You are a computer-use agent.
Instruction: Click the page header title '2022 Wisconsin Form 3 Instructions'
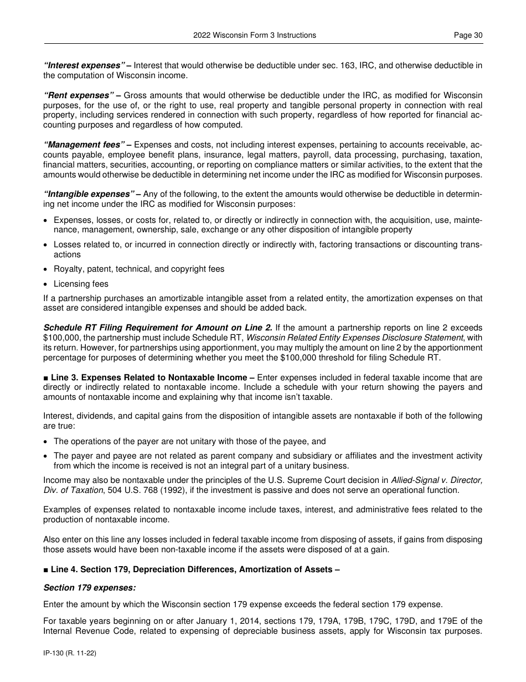click(x=255, y=35)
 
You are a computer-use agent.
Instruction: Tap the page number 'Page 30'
click(x=468, y=35)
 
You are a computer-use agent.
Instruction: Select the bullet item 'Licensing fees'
click(x=81, y=284)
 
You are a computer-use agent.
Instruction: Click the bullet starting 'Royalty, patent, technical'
click(x=139, y=269)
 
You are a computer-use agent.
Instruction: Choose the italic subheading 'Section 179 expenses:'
click(x=89, y=587)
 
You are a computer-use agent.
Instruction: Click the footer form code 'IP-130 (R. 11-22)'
click(x=70, y=654)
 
